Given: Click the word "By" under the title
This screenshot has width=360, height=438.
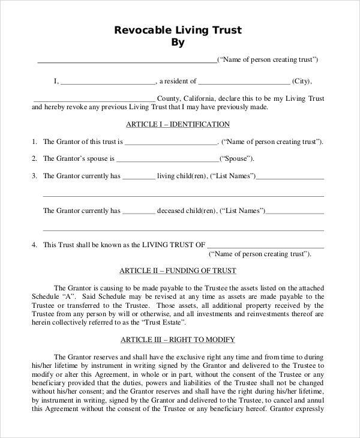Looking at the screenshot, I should [x=178, y=43].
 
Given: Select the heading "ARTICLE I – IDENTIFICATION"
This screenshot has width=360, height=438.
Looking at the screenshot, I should [x=178, y=124].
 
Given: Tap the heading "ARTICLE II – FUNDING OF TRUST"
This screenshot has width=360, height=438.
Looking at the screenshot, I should [x=178, y=271].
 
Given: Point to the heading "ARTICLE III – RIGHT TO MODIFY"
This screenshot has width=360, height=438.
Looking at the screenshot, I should [x=178, y=340].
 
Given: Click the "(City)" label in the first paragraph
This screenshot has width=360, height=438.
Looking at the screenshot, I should [x=302, y=82].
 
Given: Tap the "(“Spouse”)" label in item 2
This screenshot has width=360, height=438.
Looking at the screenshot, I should [x=236, y=159].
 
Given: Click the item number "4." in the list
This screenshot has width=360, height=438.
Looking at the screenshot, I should [x=35, y=245].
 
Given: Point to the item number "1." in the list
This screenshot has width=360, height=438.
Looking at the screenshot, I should [x=35, y=142].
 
